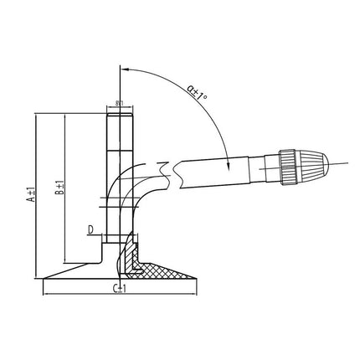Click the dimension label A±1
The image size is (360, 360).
pos(31,193)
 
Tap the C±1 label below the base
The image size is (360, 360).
pos(120,288)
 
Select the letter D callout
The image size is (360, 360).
pos(90,229)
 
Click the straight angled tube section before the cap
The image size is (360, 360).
pos(226,167)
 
